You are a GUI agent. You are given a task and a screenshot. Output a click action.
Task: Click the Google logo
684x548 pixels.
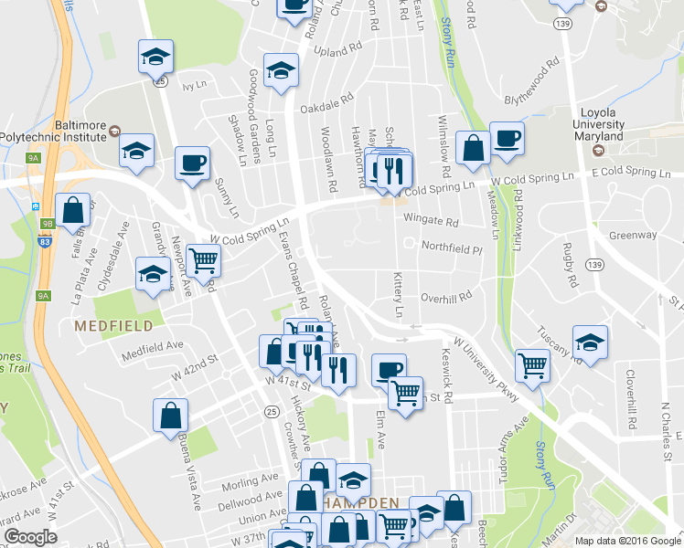tap(30, 537)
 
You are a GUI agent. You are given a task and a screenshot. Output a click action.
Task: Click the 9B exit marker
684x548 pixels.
tap(48, 222)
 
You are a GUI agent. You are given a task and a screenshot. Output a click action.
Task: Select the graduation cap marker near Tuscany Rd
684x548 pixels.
tap(590, 342)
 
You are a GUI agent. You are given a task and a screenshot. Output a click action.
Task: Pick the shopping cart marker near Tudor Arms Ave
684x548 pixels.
tap(532, 365)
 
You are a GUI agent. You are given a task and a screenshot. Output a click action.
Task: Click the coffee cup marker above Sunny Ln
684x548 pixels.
tap(192, 163)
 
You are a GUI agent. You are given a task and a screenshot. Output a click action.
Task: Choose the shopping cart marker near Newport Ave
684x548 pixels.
tap(203, 259)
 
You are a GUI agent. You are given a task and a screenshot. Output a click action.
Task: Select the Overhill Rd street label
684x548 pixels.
tap(445, 297)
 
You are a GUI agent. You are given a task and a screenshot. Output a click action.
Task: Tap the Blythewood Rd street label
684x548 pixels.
tap(531, 83)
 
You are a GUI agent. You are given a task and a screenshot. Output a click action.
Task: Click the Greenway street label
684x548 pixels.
tap(633, 235)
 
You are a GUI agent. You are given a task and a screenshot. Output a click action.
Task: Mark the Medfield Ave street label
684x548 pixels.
tap(152, 348)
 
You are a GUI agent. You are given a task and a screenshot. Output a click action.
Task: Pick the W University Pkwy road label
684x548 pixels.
tap(485, 369)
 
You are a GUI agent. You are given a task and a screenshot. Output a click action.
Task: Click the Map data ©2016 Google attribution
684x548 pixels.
tap(626, 541)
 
